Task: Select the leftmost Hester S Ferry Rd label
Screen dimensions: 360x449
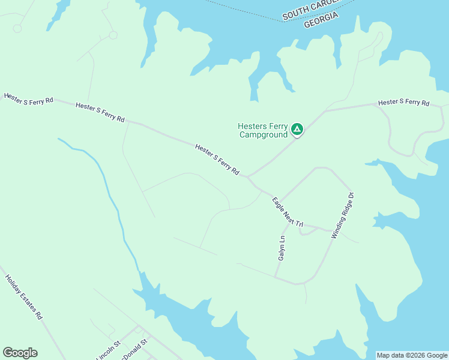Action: tap(28, 98)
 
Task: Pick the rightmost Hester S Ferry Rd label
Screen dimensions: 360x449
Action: tap(403, 103)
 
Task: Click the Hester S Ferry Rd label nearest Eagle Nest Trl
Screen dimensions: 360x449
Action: tap(217, 160)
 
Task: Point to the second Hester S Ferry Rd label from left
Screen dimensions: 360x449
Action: tap(100, 112)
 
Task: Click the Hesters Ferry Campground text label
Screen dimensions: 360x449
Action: tap(263, 130)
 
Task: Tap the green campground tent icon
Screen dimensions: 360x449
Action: tap(297, 129)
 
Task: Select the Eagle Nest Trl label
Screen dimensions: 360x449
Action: tap(288, 212)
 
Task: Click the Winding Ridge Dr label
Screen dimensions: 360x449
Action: tap(343, 215)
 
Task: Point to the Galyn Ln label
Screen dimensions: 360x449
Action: tap(281, 247)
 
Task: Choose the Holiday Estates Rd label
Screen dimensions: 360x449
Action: tap(24, 296)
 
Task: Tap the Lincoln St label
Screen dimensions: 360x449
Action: tap(109, 350)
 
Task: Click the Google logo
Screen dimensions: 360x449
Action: tap(20, 353)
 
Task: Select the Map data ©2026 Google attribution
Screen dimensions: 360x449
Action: tap(412, 355)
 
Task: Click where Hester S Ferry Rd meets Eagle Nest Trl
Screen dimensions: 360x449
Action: tap(248, 177)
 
